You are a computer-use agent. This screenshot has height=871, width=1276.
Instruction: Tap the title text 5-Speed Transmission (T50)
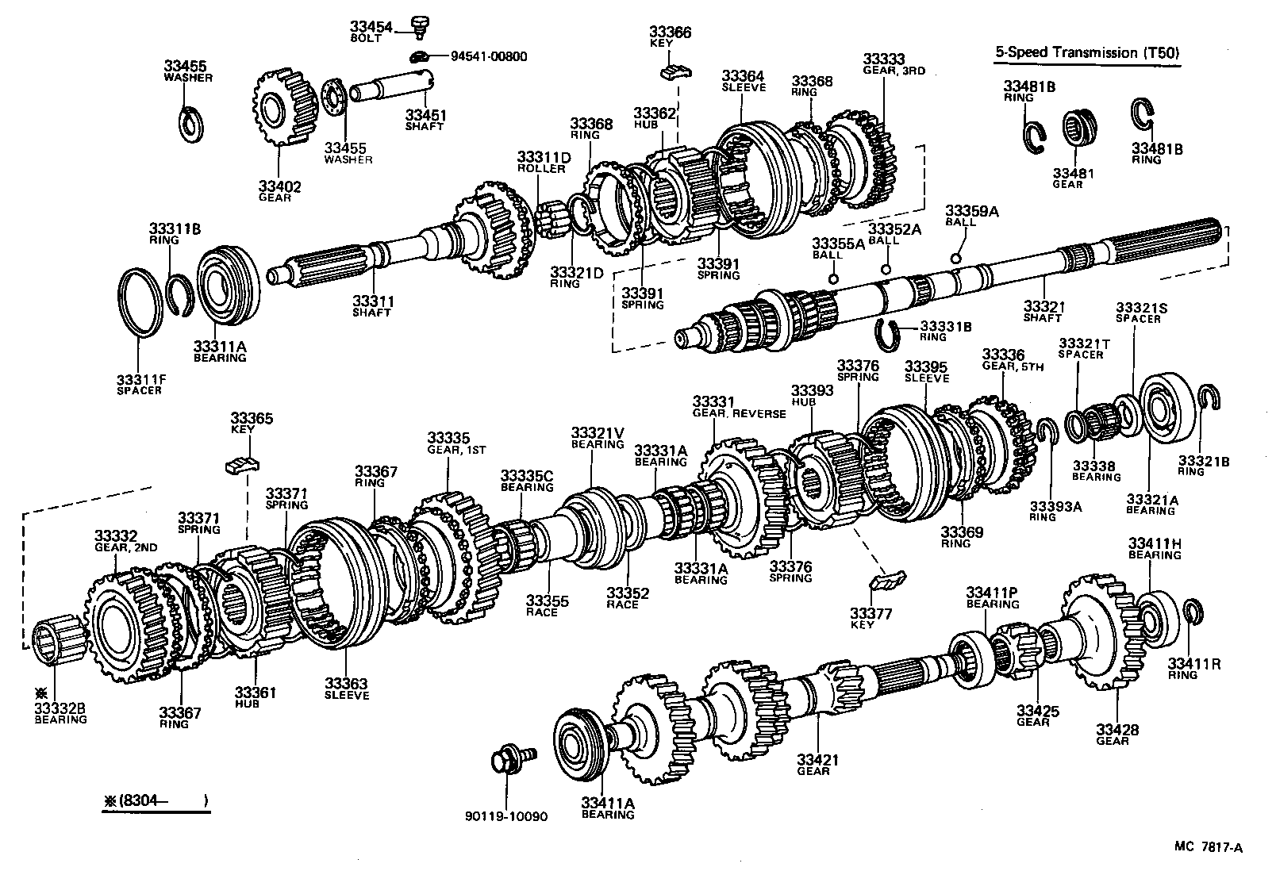tap(1088, 53)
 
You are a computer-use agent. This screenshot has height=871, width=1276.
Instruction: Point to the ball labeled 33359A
tap(955, 258)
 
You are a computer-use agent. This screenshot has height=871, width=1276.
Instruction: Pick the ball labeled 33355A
tap(833, 278)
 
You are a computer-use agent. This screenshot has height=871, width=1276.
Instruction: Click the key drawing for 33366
tap(675, 73)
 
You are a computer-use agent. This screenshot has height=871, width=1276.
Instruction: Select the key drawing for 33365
tap(243, 465)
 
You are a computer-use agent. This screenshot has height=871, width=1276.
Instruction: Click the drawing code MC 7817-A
tap(1209, 847)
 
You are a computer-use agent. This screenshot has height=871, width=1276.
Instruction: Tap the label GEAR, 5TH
tap(1013, 366)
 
